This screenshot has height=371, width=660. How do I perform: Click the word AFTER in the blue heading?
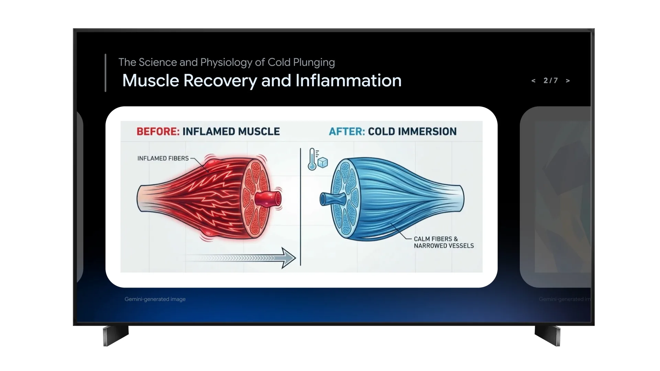click(346, 132)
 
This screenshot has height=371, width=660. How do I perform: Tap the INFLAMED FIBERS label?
click(163, 158)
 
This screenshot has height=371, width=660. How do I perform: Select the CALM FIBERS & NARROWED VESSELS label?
click(443, 242)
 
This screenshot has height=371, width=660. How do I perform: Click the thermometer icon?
click(312, 159)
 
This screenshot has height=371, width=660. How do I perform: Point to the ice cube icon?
click(323, 162)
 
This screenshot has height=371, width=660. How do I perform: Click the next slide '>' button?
click(568, 81)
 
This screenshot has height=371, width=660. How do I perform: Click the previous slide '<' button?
click(533, 81)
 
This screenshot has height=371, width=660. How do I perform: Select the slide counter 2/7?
click(550, 81)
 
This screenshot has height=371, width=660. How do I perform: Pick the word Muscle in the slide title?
click(151, 81)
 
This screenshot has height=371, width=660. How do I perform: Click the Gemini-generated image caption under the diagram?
click(155, 299)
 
